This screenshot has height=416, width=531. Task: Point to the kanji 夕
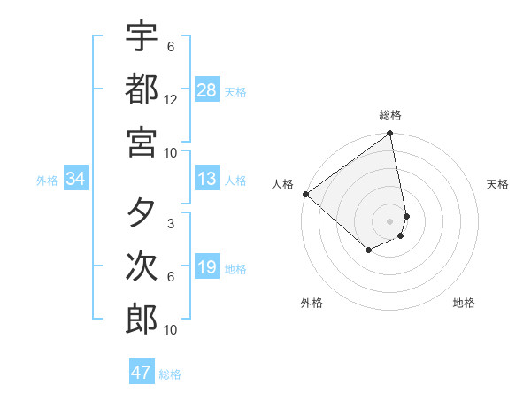click(142, 213)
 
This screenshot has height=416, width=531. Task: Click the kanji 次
click(142, 266)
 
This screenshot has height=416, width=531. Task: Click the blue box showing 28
click(207, 90)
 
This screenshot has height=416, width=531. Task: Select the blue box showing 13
click(207, 180)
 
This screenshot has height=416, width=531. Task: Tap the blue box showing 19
click(207, 268)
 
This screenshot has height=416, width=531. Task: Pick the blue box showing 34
click(76, 180)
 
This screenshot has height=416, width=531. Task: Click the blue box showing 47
click(142, 373)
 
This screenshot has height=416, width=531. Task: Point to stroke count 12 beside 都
click(171, 100)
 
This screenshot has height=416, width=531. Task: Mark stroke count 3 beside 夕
click(171, 224)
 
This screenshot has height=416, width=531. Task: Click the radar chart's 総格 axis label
click(390, 115)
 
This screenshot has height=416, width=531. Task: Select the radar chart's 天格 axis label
click(497, 184)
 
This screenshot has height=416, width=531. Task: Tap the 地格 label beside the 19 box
click(236, 269)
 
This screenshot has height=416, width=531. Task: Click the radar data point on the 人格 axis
click(305, 194)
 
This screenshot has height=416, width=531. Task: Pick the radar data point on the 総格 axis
click(390, 135)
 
